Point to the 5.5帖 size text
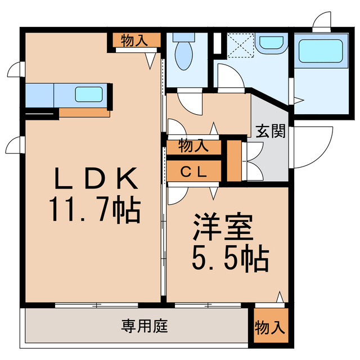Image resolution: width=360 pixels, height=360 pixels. [228, 258]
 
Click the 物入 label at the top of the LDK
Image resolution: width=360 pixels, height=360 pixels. [134, 40]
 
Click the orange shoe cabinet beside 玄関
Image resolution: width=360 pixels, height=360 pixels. [234, 160]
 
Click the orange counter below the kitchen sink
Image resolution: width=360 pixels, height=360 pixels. [84, 112]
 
